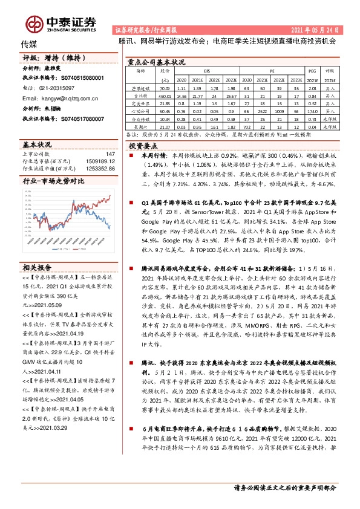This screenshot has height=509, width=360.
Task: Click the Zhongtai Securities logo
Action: [61, 23]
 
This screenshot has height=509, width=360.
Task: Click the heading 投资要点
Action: [143, 146]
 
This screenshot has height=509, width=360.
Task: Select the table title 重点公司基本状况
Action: [155, 62]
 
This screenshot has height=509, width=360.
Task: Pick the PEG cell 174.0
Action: [312, 111]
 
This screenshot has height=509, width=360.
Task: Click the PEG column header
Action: [312, 70]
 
